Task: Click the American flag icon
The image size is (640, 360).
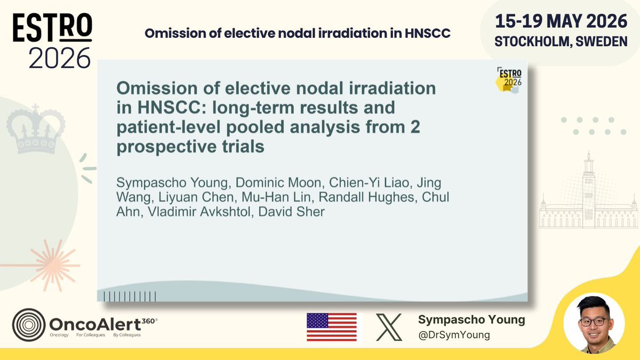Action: pos(332,327)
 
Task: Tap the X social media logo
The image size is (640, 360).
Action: pos(389,327)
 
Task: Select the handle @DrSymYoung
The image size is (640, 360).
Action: pos(454,335)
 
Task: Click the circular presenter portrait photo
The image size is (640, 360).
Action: pos(594,323)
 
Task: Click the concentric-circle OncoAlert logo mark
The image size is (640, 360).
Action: pos(29,325)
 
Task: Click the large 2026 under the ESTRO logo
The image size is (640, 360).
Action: pos(59,58)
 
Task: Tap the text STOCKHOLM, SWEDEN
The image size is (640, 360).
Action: pos(561,42)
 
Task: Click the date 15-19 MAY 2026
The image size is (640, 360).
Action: pos(561,21)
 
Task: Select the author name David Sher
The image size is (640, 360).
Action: pos(291,212)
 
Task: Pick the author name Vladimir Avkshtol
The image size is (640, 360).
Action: pos(199,212)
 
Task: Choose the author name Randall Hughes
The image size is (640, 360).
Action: pos(366,197)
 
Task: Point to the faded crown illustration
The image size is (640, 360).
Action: pos(36,129)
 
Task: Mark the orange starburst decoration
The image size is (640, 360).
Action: pos(52,266)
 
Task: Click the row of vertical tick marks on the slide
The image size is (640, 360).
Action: pos(130,297)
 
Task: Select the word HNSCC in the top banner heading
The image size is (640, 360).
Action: pos(427,34)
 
